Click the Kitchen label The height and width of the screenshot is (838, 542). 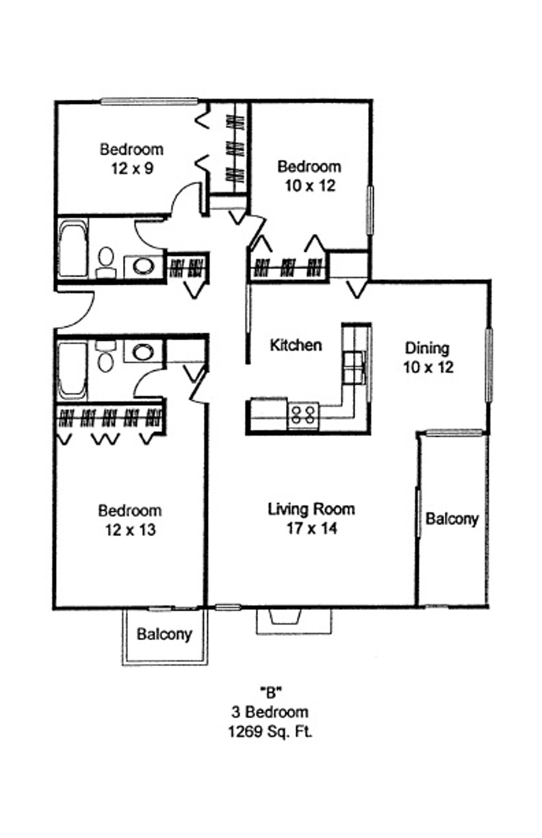click(x=296, y=345)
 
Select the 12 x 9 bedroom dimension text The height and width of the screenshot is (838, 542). click(x=132, y=168)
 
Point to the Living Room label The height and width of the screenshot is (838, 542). click(x=311, y=509)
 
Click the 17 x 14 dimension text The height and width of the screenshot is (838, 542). click(x=312, y=529)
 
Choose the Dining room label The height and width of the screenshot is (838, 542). click(x=427, y=348)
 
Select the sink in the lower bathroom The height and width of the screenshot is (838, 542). click(x=143, y=351)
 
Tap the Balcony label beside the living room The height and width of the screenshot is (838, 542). click(x=452, y=519)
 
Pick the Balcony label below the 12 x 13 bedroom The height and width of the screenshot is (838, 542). click(x=164, y=634)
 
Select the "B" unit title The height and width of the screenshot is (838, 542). click(x=270, y=692)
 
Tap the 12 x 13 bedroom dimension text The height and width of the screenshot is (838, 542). click(x=130, y=530)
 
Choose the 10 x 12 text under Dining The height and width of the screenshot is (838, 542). click(x=428, y=367)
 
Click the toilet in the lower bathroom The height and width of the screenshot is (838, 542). click(x=106, y=357)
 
